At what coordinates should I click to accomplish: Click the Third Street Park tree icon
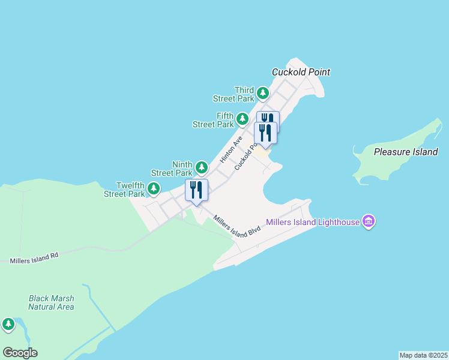(263, 93)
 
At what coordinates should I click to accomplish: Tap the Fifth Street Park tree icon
(243, 119)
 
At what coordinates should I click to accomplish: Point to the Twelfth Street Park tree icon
(154, 189)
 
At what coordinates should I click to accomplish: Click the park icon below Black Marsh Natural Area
(8, 325)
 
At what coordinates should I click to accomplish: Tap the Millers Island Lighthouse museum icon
(369, 222)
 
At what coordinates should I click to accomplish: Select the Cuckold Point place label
(301, 72)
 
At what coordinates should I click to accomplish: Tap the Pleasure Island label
(406, 152)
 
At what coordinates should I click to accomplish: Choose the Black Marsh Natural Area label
(52, 302)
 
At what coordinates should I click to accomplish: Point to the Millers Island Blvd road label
(238, 226)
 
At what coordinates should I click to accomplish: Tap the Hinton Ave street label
(231, 149)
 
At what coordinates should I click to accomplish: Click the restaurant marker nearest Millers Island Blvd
(196, 190)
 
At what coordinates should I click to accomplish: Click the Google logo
(20, 353)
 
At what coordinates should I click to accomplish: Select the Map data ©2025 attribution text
(423, 355)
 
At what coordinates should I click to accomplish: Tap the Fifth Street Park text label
(213, 120)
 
